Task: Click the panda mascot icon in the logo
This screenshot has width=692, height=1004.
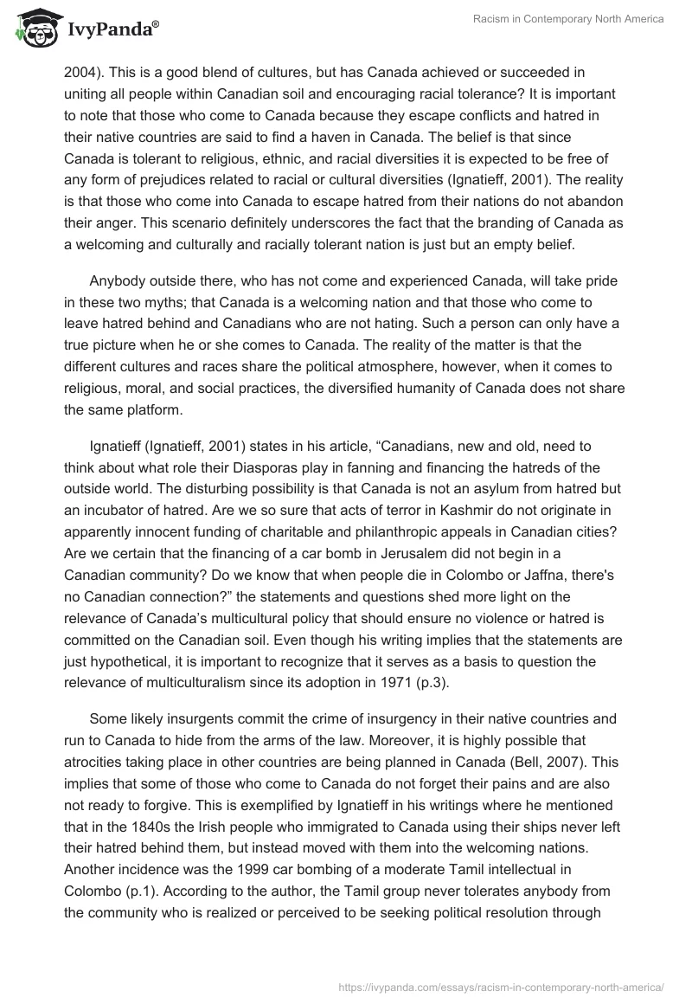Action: pos(34,29)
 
